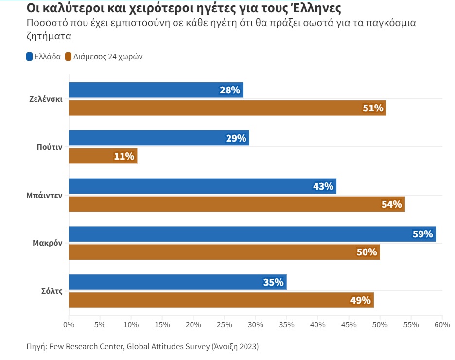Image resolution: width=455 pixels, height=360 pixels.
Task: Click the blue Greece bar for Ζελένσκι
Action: (x=156, y=90)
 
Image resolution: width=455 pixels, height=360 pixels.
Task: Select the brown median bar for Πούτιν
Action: (x=103, y=156)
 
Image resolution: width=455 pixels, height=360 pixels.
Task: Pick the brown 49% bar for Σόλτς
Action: (x=221, y=300)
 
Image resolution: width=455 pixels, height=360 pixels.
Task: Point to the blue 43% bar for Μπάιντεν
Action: (x=202, y=186)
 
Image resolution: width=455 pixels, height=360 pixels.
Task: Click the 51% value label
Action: (x=373, y=108)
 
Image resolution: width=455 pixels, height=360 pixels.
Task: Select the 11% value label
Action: (x=124, y=156)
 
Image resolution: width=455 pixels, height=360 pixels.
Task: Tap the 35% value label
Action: (x=273, y=282)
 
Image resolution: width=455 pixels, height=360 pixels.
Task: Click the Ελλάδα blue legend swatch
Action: (x=30, y=56)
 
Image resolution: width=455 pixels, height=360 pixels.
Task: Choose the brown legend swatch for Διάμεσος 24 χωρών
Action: (x=69, y=56)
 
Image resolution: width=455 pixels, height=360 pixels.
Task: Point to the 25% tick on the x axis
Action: (x=224, y=324)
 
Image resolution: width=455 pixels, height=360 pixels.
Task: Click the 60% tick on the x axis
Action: (x=442, y=324)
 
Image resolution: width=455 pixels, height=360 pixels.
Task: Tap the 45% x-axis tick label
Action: (x=349, y=324)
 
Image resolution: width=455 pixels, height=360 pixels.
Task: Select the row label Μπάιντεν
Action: (x=44, y=195)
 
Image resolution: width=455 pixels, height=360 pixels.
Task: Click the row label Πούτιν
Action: (x=49, y=147)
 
